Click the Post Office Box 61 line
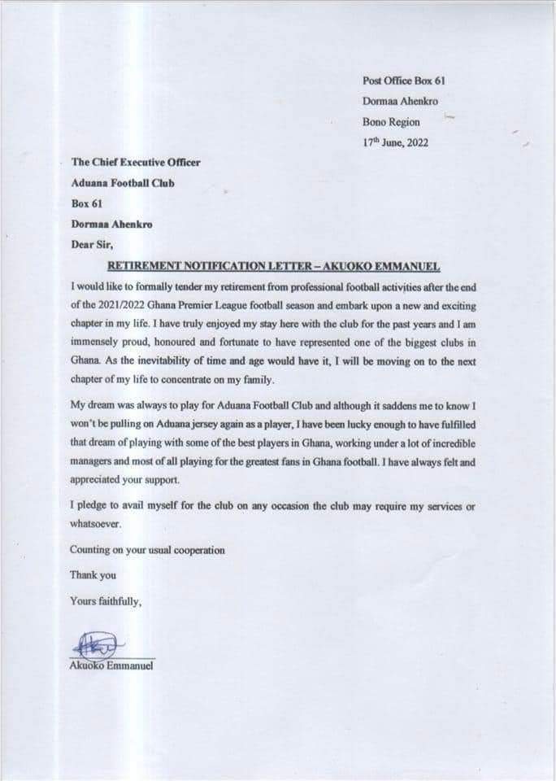point(404,80)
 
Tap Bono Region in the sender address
point(391,122)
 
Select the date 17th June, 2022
point(395,142)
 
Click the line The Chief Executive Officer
point(136,162)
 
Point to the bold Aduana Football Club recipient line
point(123,182)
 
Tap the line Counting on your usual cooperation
point(147,550)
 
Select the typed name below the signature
point(111,666)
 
